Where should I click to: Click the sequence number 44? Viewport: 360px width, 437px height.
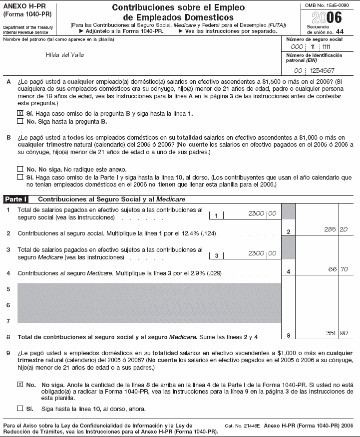click(340, 31)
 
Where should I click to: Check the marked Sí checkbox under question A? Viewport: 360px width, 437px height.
click(20, 113)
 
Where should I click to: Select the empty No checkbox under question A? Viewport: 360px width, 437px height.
click(20, 121)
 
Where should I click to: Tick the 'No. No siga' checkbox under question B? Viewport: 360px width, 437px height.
click(20, 169)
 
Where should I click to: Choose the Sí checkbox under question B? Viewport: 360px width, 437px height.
click(20, 177)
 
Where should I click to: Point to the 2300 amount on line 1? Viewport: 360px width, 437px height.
click(256, 214)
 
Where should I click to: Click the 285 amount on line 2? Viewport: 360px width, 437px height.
click(330, 230)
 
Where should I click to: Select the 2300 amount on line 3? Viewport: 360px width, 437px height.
click(256, 253)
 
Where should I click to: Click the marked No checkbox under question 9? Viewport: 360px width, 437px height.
click(20, 385)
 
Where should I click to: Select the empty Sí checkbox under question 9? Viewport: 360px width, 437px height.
click(20, 409)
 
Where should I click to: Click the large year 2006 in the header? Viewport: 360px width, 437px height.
click(327, 18)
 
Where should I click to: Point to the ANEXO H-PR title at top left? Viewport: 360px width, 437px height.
click(22, 6)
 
